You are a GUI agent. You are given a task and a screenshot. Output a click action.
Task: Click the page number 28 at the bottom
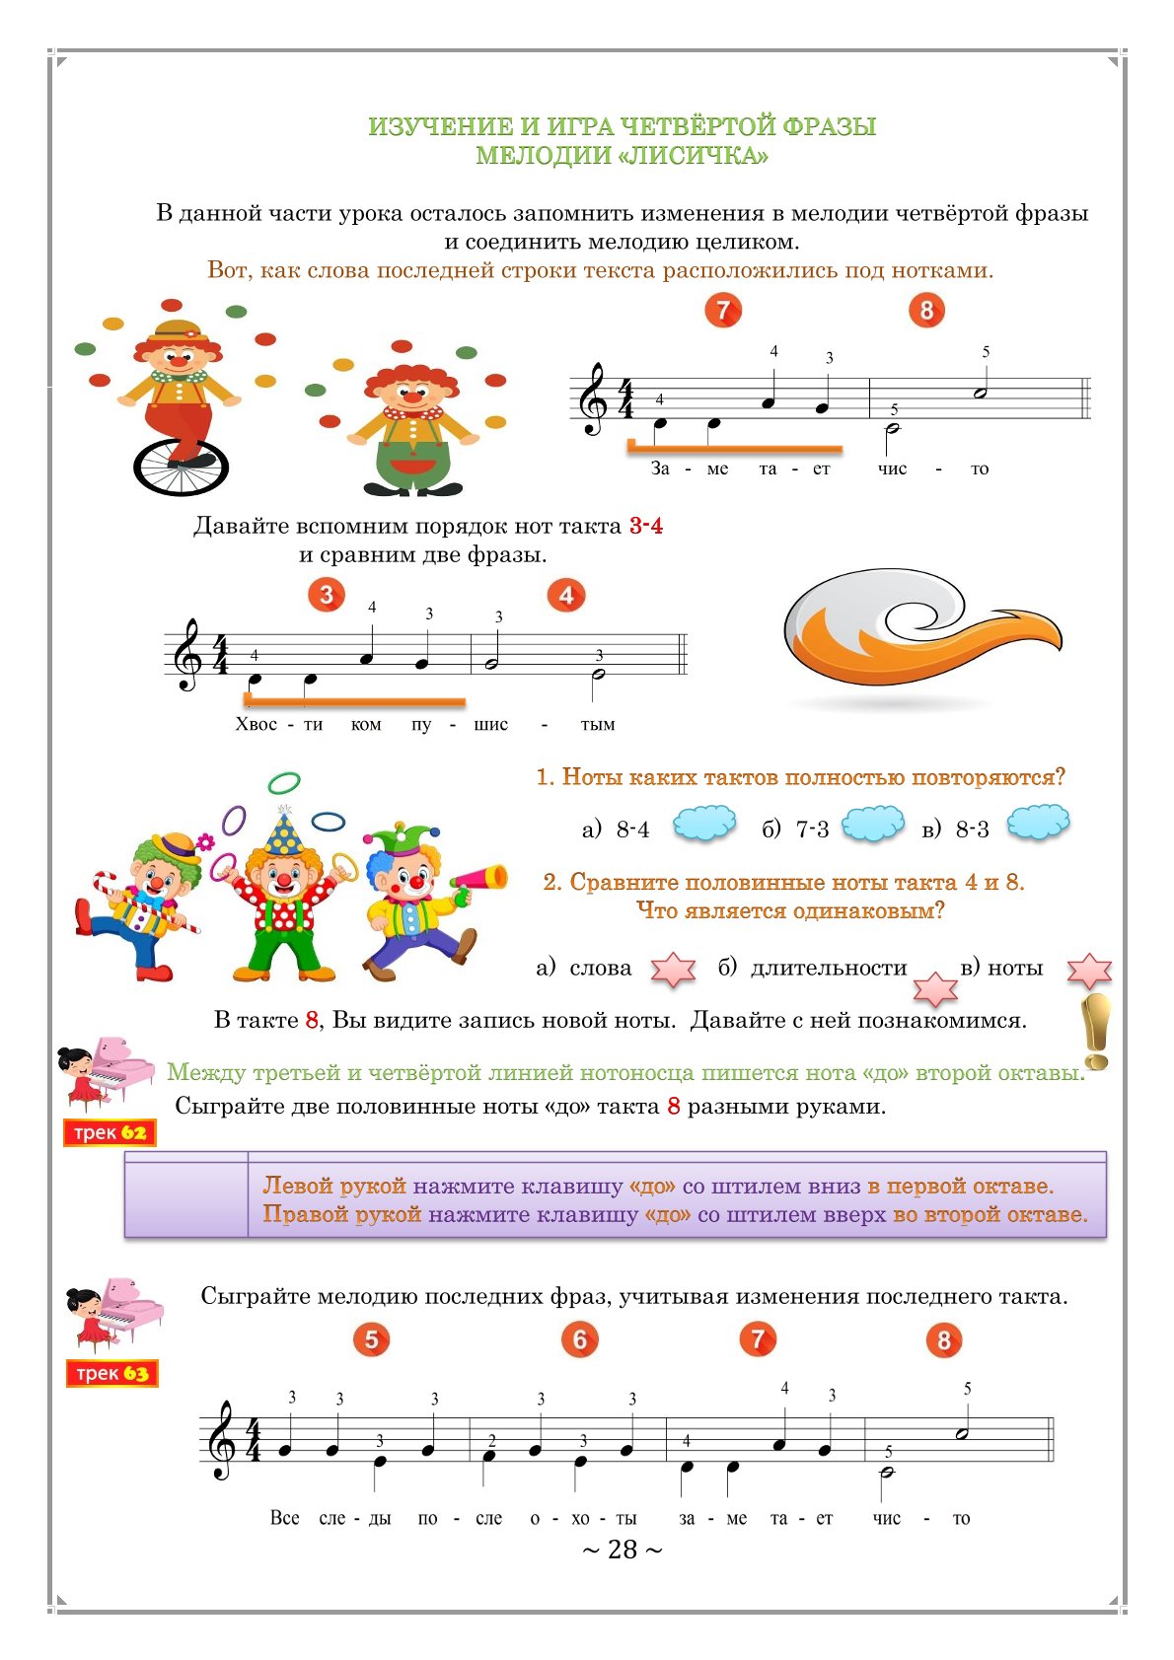pos(623,1550)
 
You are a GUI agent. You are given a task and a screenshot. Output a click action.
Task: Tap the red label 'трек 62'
pos(110,1133)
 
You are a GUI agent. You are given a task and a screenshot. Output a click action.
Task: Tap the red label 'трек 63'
pos(112,1373)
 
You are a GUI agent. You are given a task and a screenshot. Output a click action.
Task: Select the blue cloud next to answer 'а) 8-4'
pos(704,823)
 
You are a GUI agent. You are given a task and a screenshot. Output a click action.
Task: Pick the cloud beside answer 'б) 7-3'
pos(873,823)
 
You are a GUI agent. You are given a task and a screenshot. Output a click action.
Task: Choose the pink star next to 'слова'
pos(673,970)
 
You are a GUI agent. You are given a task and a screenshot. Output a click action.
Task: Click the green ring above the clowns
pos(284,783)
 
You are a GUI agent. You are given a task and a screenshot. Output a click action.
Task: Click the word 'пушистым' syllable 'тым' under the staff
pos(597,725)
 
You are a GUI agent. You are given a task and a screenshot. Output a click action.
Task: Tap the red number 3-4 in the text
pos(646,526)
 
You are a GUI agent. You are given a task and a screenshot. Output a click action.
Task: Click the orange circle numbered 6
pos(580,1339)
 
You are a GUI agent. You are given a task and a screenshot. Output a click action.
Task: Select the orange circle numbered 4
pos(566,596)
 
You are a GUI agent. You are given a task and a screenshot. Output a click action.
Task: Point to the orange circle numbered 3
pos(327,595)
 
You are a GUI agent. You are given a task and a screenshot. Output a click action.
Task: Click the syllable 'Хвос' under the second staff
pos(257,725)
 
